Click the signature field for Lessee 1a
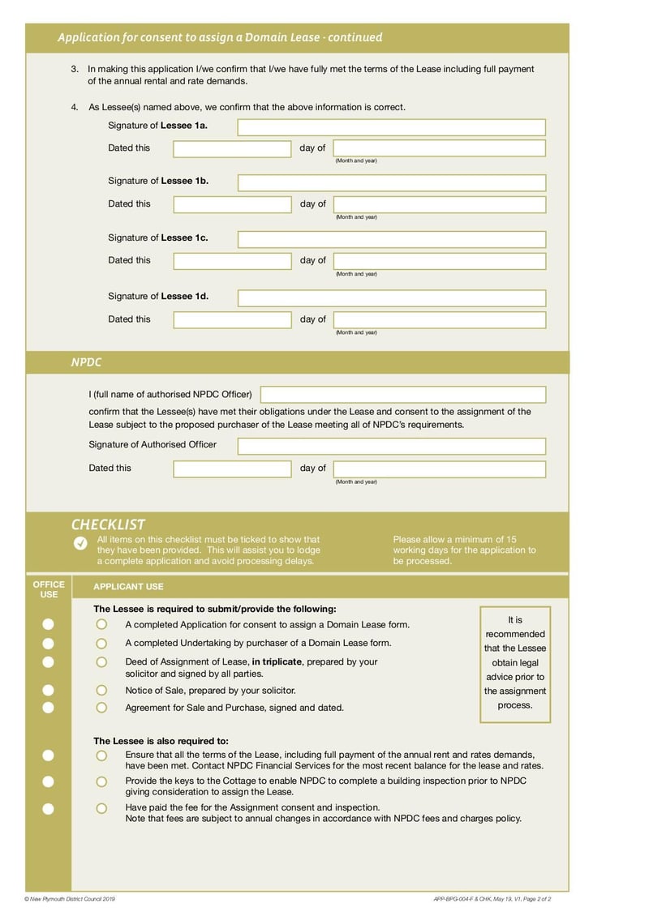pos(391,127)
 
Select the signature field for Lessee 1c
pos(391,239)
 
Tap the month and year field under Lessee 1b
pos(439,204)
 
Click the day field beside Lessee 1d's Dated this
pos(231,319)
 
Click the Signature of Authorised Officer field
pos(391,446)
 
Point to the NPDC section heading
pos(86,362)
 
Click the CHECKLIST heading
pos(108,524)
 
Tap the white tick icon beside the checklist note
pos(80,543)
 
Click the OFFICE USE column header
pos(49,589)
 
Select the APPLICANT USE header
pos(128,587)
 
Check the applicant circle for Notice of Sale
pos(101,691)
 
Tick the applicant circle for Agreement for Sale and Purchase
pos(101,708)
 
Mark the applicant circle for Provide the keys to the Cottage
pos(101,782)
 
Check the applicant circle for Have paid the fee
pos(101,808)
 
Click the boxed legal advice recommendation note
pos(515,663)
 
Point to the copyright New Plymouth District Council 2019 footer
pos(71,899)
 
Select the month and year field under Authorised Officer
pos(439,469)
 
